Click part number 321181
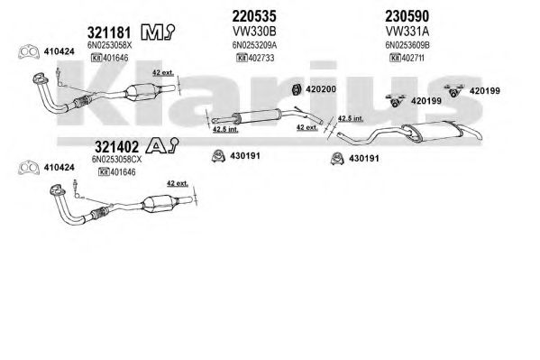[x=109, y=32]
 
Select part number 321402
[x=117, y=147]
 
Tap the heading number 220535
[x=254, y=16]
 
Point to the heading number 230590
[x=407, y=16]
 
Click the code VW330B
[x=254, y=32]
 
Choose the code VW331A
[x=407, y=32]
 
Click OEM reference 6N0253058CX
[x=116, y=160]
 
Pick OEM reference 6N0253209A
[x=254, y=45]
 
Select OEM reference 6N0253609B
[x=407, y=45]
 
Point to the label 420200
[x=321, y=89]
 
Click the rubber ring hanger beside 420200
[x=296, y=89]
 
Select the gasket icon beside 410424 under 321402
[x=28, y=168]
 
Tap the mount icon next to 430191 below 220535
[x=218, y=156]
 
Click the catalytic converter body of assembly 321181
[x=141, y=92]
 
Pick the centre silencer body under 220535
[x=257, y=115]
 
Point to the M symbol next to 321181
[x=151, y=32]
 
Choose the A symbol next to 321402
[x=156, y=146]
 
